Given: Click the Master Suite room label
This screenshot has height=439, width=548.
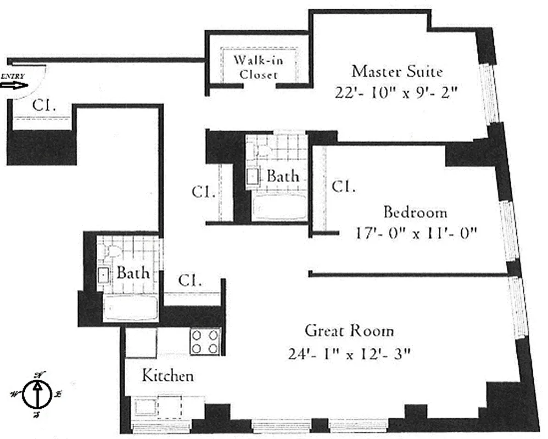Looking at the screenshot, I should pyautogui.click(x=397, y=71).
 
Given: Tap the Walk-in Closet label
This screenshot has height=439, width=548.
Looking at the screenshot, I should pyautogui.click(x=258, y=67).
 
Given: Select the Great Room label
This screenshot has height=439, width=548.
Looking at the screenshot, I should pyautogui.click(x=349, y=331).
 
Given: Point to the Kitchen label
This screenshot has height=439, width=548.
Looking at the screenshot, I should pyautogui.click(x=167, y=376).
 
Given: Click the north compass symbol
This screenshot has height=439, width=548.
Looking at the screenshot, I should pyautogui.click(x=37, y=394).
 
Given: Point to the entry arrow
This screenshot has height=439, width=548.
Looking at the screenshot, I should pyautogui.click(x=15, y=86).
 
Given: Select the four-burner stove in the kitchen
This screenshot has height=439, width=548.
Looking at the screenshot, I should pyautogui.click(x=205, y=341).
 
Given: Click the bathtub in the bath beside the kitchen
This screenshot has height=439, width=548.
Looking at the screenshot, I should pyautogui.click(x=131, y=308).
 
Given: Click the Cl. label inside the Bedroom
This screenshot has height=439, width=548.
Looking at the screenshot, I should pyautogui.click(x=343, y=187).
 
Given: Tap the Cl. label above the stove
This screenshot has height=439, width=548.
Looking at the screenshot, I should pyautogui.click(x=190, y=281).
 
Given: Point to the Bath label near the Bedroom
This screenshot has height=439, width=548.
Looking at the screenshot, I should pyautogui.click(x=283, y=176).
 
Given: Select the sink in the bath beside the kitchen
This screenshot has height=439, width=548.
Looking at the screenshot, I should pyautogui.click(x=104, y=275).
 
